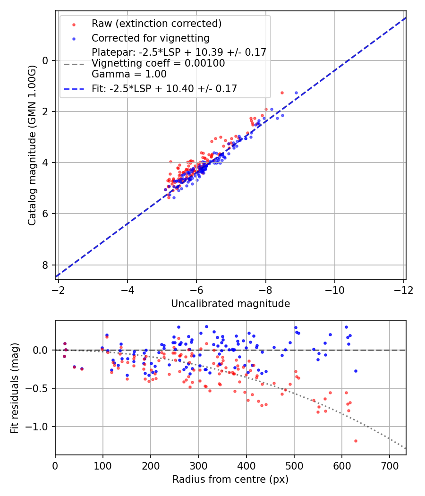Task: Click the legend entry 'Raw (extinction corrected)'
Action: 156,24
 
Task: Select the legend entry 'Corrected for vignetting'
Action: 150,38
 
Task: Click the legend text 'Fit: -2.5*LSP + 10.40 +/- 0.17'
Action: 164,88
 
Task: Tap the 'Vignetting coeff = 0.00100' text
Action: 158,63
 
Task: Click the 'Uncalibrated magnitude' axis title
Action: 230,303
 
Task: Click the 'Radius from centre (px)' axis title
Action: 230,479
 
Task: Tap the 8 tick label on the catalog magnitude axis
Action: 46,265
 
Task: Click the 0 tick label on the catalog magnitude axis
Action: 46,60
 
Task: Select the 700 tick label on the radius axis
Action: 389,465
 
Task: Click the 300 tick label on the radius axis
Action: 198,465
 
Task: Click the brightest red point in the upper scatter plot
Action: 282,93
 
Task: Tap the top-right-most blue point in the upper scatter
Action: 296,93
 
